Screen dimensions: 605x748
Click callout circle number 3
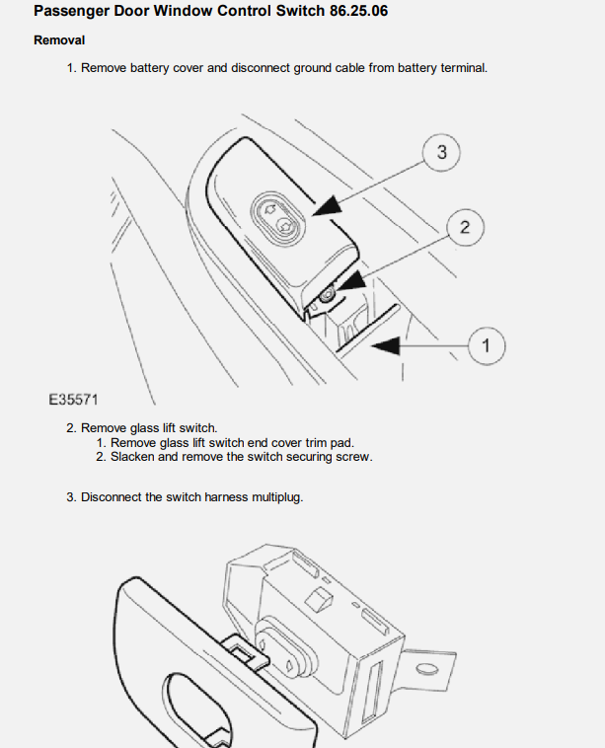[x=441, y=153]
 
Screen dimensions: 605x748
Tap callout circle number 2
[x=465, y=227]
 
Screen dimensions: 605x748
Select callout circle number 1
[x=487, y=345]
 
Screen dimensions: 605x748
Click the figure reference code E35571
[x=73, y=400]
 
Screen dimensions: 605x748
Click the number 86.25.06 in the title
[x=359, y=11]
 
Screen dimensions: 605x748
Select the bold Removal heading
[x=59, y=40]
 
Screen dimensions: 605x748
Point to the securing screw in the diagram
[x=327, y=296]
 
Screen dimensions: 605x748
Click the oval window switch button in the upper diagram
[x=277, y=218]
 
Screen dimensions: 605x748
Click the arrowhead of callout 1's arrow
[x=386, y=345]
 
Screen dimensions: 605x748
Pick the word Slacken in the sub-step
[x=132, y=457]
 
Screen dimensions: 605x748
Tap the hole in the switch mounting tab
[x=427, y=669]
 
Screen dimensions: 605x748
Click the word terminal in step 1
[x=464, y=68]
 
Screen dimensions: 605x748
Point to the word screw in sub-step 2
[x=354, y=458]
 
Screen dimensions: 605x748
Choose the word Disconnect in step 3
[x=112, y=497]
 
